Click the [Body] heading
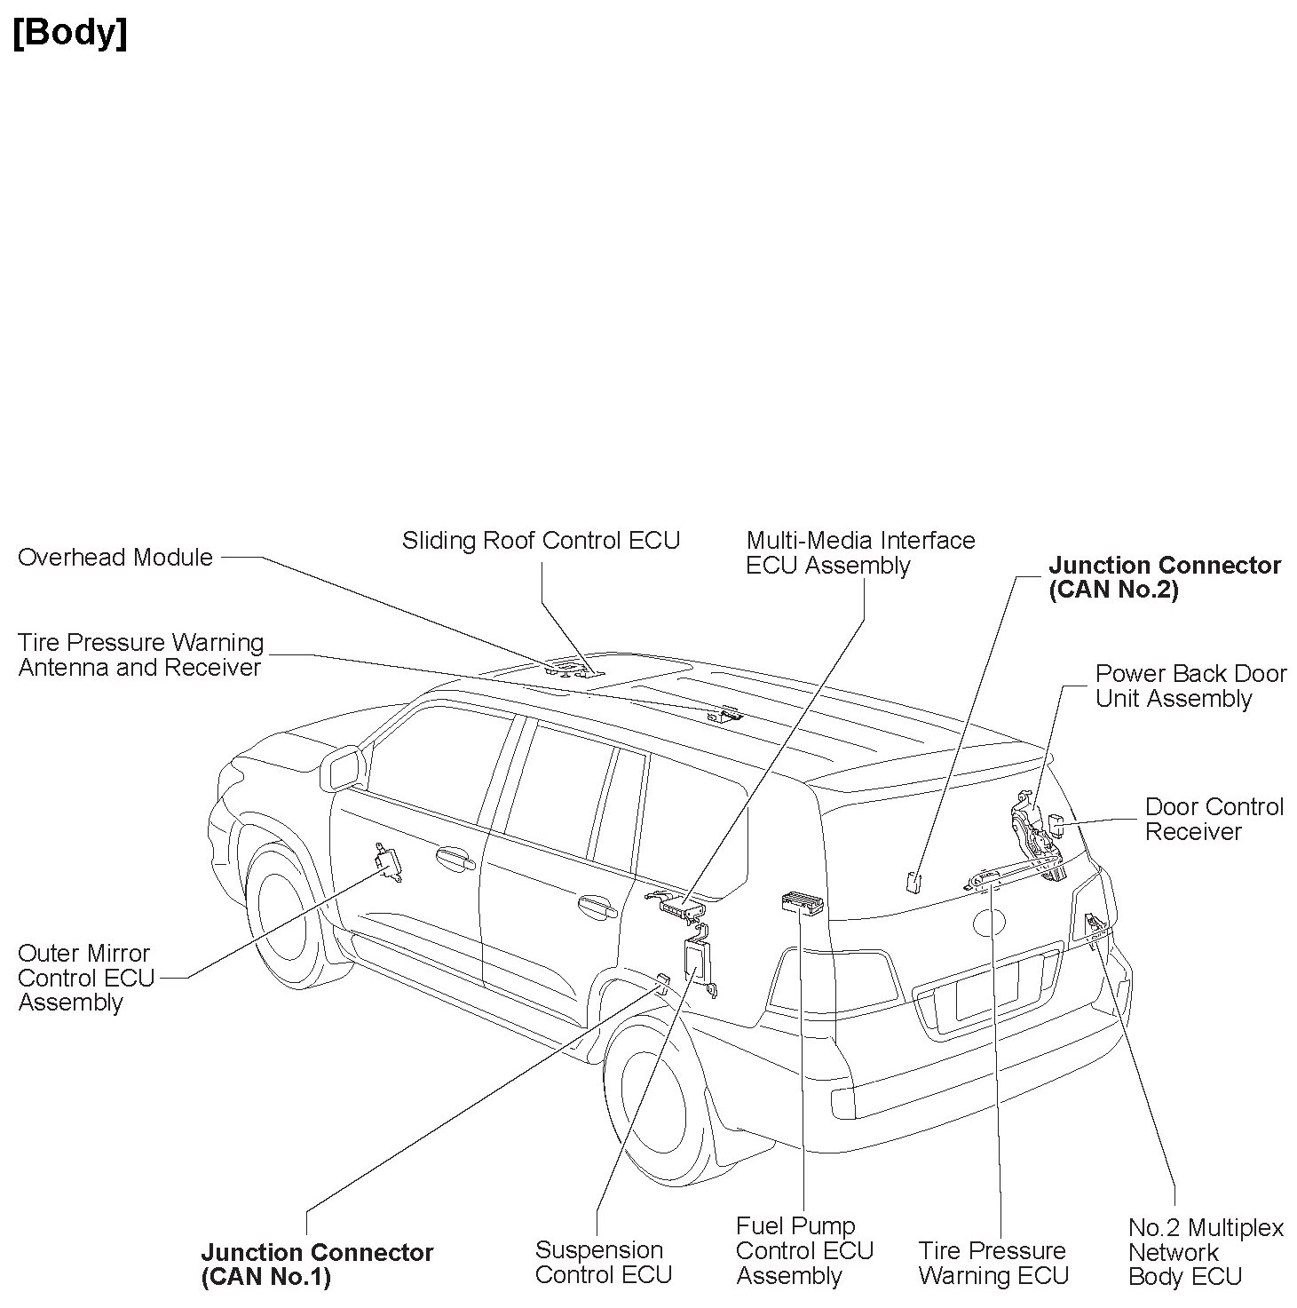pos(70,34)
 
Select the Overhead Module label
pos(115,558)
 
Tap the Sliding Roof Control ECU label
pos(541,541)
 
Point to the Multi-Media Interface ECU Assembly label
pos(859,553)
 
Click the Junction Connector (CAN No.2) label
pos(1164,578)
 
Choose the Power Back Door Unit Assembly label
pos(1190,686)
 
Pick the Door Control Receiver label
pos(1214,820)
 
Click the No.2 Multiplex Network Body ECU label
pos(1205,1253)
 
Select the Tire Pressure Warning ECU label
pos(993,1264)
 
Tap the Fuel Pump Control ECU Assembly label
pos(804,1251)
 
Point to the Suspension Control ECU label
pos(603,1263)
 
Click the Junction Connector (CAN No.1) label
pos(317,1265)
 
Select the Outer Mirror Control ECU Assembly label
pos(85,978)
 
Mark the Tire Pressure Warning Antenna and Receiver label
pos(141,655)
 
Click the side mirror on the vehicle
pos(344,769)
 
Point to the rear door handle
pos(597,908)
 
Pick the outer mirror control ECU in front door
pos(388,862)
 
